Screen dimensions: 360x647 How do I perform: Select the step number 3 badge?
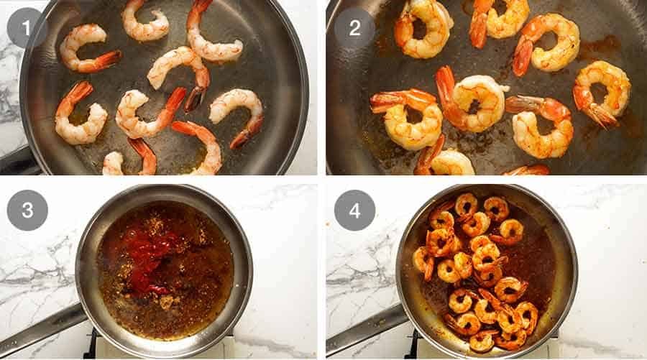[27, 210]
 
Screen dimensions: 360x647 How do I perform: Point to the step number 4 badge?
[354, 210]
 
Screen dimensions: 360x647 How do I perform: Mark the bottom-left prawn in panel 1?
[81, 119]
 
